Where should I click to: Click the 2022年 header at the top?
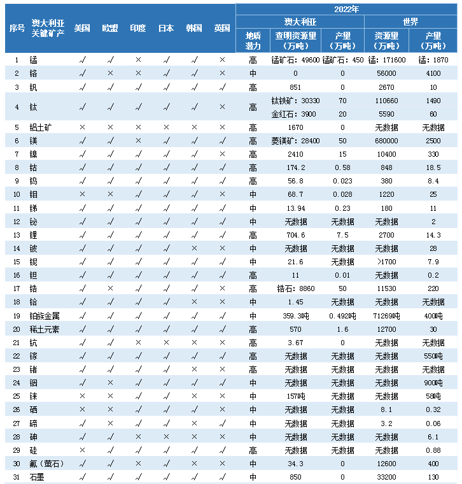[347, 9]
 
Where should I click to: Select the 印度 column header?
[138, 29]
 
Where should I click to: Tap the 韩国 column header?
[194, 29]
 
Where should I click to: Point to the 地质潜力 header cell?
[253, 41]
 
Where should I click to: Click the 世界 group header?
[410, 22]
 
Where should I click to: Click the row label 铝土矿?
[41, 127]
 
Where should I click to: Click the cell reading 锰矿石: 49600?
[295, 60]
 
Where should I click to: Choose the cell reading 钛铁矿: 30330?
[295, 101]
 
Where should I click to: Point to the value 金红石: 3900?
[295, 114]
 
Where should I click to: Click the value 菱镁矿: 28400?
[295, 141]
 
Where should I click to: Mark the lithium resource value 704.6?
[295, 235]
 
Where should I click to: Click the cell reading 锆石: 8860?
[295, 288]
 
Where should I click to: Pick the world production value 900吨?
[433, 383]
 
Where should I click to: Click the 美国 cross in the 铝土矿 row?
[82, 127]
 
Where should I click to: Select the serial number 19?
[17, 316]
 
